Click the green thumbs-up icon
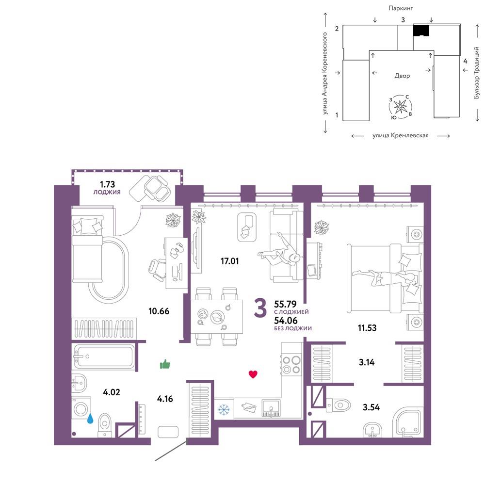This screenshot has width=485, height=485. tap(165, 364)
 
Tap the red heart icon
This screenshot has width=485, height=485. tap(253, 374)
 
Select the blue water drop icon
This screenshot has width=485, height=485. tap(90, 419)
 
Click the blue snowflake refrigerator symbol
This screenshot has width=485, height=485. tap(224, 409)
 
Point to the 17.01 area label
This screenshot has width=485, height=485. tap(229, 261)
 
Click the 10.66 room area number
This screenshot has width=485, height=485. tap(159, 311)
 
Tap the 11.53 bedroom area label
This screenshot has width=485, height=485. tap(367, 328)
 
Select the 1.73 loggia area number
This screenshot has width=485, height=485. tap(107, 184)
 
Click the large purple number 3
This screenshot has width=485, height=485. tap(260, 308)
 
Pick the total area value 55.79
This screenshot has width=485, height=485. tap(285, 304)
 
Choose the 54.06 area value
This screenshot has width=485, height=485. tap(286, 321)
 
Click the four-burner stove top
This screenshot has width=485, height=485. tap(291, 365)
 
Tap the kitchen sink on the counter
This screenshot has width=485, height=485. tap(271, 408)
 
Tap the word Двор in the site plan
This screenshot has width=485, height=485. tap(402, 76)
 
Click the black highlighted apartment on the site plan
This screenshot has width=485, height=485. tap(421, 30)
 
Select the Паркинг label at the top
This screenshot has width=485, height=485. tap(401, 8)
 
